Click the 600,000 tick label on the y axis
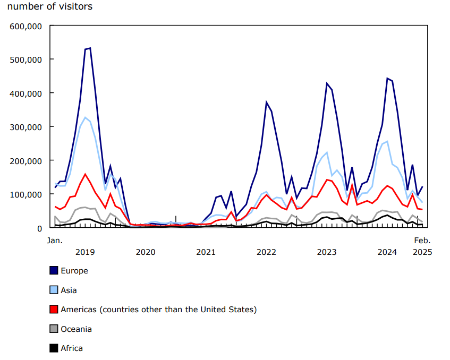point(27,25)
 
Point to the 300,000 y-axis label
point(27,127)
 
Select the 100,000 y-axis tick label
point(27,194)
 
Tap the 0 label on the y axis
point(40,228)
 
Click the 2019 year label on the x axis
point(86,252)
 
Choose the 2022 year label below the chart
point(266,252)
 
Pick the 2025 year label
point(423,252)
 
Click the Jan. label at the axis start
point(55,241)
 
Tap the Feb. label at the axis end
point(423,241)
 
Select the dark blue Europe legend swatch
point(54,271)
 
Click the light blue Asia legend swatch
point(54,290)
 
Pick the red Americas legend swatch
point(54,310)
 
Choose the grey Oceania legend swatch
point(54,329)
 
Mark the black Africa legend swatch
point(54,349)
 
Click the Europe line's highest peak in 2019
point(90,48)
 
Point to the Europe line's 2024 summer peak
point(387,79)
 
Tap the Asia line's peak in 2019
point(85,117)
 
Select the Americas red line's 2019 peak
point(85,174)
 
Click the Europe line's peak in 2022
point(267,102)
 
